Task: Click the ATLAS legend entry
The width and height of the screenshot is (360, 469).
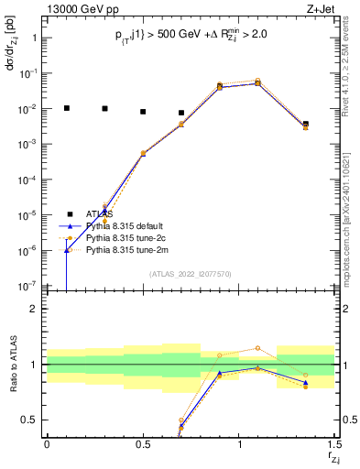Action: point(99,214)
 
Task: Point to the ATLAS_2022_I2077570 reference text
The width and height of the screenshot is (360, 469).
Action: point(191,273)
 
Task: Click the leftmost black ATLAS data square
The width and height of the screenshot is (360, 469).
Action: point(66,108)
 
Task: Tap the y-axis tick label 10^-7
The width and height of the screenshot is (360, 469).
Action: point(28,286)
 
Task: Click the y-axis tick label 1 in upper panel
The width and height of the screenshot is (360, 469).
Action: point(34,38)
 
